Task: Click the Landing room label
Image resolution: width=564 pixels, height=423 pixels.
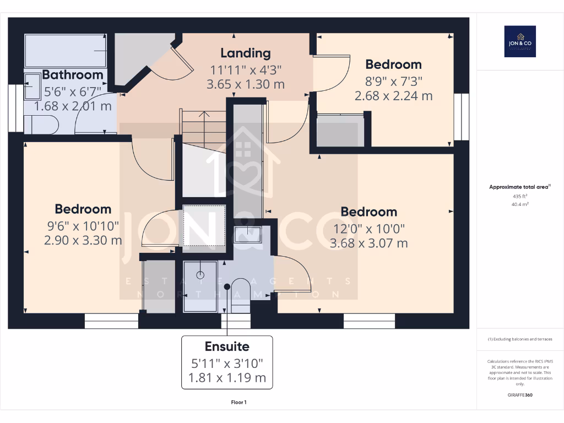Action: (246, 53)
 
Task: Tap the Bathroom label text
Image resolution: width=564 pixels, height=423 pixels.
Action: (73, 74)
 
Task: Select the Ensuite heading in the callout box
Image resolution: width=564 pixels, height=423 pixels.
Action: (227, 346)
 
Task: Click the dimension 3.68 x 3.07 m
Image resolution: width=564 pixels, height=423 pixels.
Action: (368, 243)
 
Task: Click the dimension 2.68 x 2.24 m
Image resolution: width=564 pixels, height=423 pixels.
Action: (393, 95)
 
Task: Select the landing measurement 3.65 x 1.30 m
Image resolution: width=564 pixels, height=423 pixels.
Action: (246, 84)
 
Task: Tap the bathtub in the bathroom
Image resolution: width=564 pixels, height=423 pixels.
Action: (66, 51)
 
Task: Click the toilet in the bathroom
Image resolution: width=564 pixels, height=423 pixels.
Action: (42, 124)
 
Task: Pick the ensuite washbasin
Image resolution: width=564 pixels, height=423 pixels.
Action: (247, 235)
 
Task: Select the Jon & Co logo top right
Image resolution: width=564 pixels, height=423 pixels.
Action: (520, 41)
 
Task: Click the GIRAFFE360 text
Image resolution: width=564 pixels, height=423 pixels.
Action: (520, 395)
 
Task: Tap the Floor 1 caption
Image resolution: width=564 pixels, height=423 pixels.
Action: (238, 403)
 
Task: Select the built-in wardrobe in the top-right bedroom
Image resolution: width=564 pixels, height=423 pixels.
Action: (340, 131)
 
